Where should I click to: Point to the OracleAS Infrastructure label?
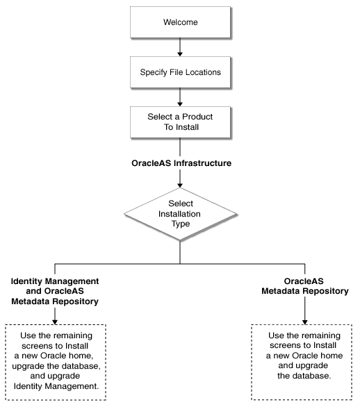coord(180,164)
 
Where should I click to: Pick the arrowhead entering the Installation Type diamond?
coord(180,185)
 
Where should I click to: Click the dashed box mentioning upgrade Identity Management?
coord(56,361)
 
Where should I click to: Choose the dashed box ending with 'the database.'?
coord(304,361)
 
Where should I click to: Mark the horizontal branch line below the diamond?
coord(180,263)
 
